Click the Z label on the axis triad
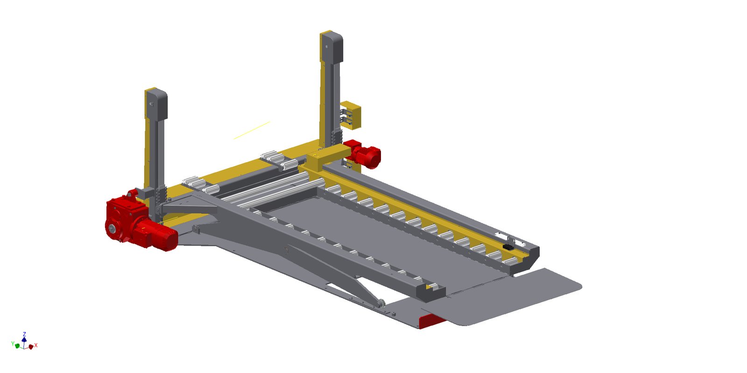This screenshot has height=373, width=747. click(x=24, y=334)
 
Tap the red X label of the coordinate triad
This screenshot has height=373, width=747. click(x=36, y=345)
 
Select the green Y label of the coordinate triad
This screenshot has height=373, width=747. click(x=13, y=343)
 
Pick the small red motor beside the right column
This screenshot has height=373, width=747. click(x=364, y=154)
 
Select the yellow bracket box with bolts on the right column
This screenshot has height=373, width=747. click(x=351, y=115)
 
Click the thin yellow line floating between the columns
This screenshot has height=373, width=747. click(x=252, y=130)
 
